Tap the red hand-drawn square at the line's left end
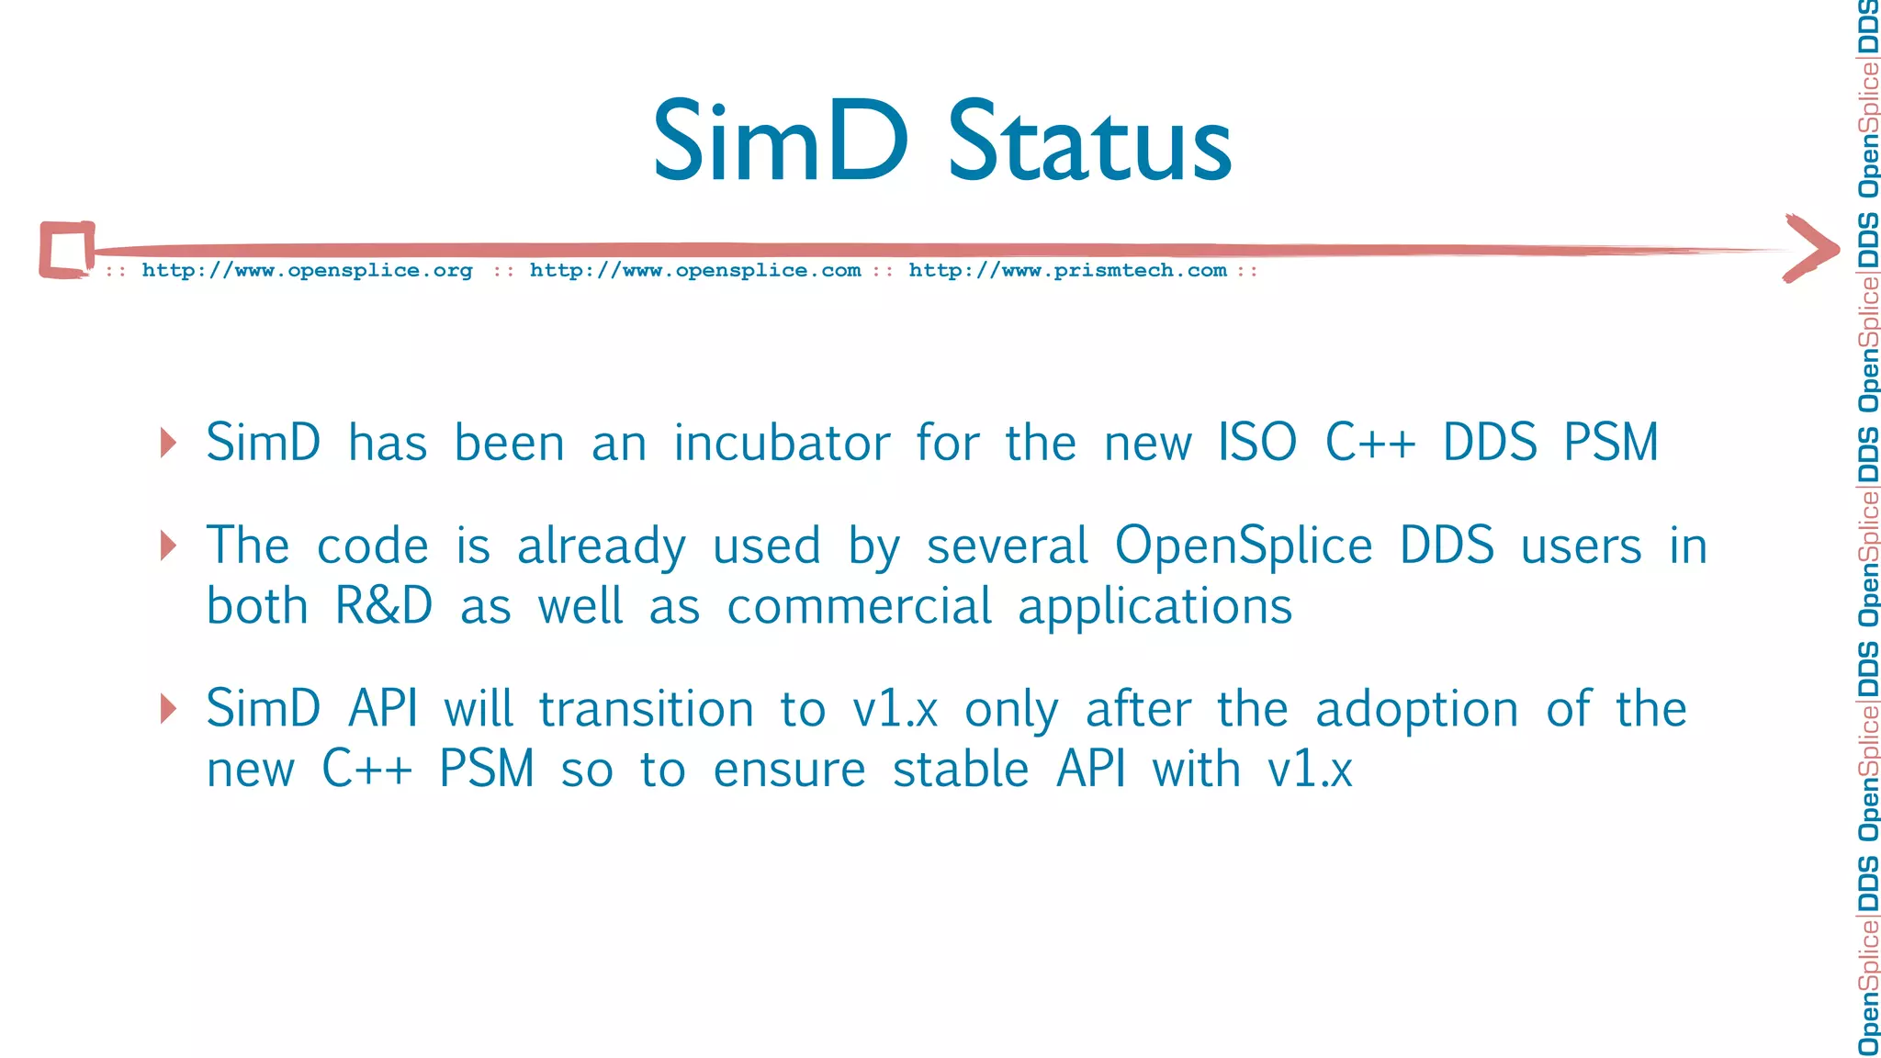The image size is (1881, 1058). click(67, 249)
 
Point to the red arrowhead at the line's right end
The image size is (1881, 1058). click(1811, 248)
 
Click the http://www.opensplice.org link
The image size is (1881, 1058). click(307, 270)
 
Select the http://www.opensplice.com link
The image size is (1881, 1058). click(695, 270)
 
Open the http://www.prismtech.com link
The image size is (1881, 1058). click(1067, 270)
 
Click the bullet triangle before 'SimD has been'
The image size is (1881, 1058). click(168, 443)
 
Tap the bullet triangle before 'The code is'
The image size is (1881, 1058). click(168, 546)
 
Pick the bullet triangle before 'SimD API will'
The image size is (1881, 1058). click(168, 708)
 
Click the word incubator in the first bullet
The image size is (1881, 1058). click(782, 443)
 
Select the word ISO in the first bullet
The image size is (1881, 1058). click(1257, 443)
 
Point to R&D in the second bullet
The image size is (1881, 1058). click(384, 607)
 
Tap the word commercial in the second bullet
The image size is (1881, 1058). click(859, 607)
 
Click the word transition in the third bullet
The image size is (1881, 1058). click(646, 710)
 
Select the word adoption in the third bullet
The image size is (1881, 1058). click(1416, 710)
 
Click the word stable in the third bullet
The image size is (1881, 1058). click(960, 770)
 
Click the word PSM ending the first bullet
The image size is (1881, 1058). click(1611, 443)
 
